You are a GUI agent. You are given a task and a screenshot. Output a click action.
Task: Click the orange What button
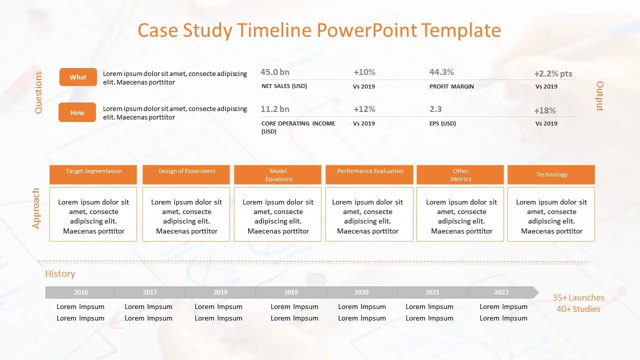click(x=78, y=77)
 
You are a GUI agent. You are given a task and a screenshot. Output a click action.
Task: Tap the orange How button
click(x=77, y=112)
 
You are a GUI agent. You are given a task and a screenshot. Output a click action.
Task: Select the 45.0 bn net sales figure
click(x=275, y=72)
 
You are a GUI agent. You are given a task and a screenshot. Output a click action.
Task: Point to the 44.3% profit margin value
click(x=441, y=72)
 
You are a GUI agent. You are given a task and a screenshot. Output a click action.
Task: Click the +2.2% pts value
click(x=553, y=73)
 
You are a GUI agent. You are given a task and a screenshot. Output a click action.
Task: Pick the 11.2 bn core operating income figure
click(x=275, y=109)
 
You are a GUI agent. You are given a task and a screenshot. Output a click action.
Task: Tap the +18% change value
click(x=545, y=110)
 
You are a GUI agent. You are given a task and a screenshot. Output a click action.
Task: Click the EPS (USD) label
click(x=442, y=123)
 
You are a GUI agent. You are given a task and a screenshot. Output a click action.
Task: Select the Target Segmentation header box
click(x=93, y=174)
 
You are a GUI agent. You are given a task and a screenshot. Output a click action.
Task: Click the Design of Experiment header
click(x=186, y=174)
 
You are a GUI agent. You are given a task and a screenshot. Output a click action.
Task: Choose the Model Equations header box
click(x=277, y=174)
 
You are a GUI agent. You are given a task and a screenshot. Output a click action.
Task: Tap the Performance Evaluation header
click(x=369, y=174)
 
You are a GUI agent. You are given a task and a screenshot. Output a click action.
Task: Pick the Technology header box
click(x=551, y=174)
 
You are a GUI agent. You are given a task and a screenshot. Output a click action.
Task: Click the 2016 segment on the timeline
click(x=80, y=292)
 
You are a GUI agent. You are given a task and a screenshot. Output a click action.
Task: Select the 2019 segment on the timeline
click(x=291, y=292)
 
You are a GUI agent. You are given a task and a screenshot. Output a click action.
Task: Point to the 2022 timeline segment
click(x=503, y=292)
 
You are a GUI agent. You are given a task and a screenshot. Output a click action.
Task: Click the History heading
click(x=60, y=273)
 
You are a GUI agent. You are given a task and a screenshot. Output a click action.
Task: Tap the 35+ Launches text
click(x=578, y=297)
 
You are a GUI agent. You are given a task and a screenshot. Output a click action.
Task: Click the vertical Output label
click(x=599, y=96)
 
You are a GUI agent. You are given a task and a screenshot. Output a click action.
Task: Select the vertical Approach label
click(x=35, y=208)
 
